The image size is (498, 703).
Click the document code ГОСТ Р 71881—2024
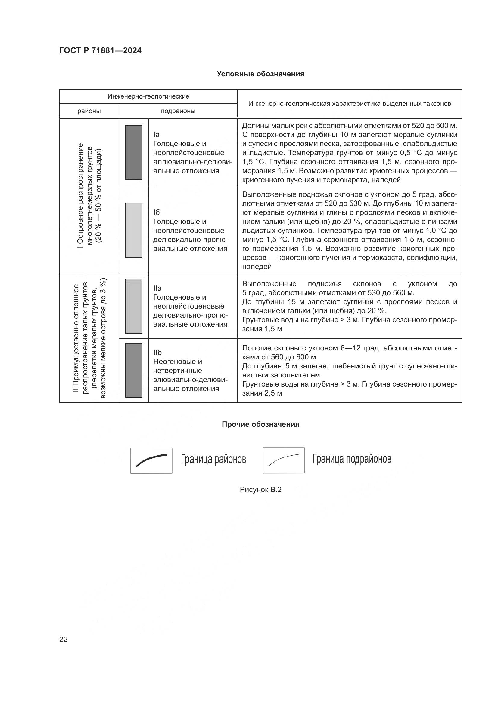100,51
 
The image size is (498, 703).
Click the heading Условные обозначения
260,74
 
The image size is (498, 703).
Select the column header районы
89,111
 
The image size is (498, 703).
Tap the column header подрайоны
178,111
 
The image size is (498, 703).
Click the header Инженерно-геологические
148,96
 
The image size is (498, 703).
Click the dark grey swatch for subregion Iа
134,152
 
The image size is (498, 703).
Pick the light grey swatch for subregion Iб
134,230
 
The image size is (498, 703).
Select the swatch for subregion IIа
134,306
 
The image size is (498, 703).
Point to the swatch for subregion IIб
134,370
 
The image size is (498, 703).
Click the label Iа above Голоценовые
156,135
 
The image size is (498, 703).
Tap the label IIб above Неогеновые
157,353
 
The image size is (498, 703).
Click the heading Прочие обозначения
260,424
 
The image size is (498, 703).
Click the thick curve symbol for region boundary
151,460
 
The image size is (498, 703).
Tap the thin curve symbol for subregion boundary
283,460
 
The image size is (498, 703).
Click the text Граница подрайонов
352,459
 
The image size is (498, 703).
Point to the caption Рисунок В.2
260,489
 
